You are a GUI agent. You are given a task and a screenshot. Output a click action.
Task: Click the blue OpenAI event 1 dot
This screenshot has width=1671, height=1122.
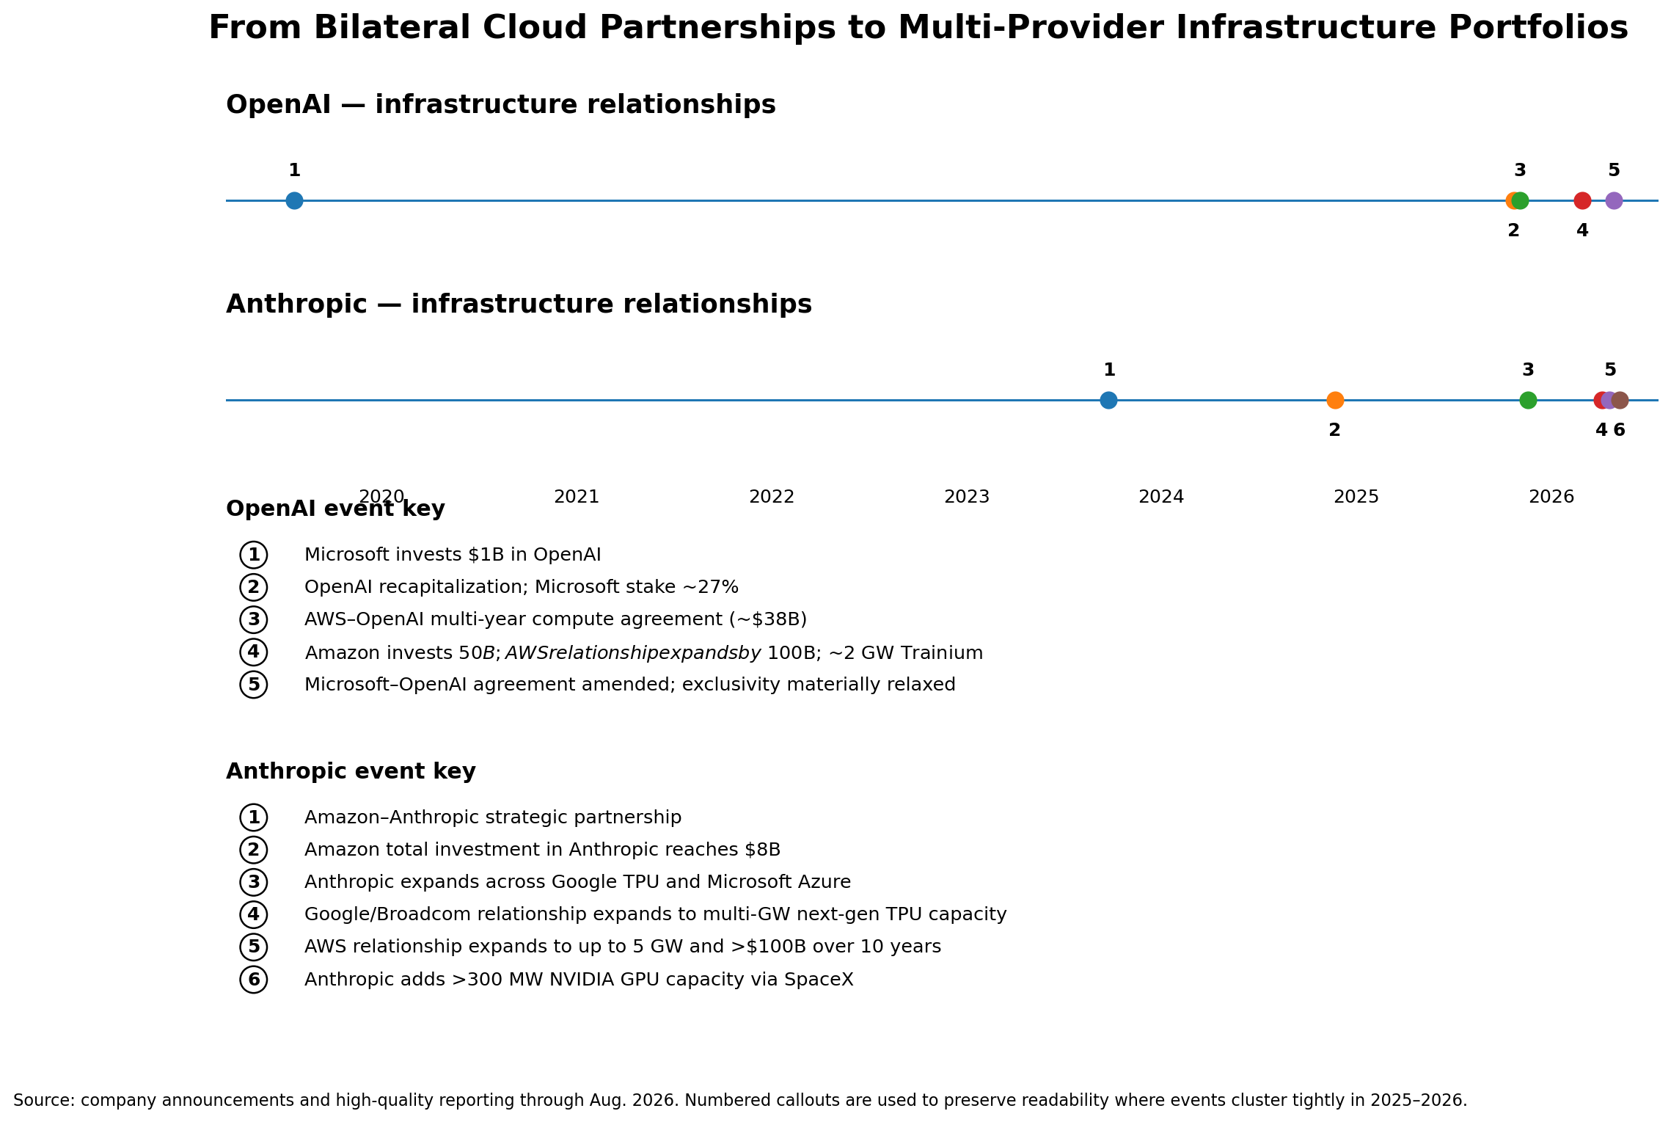[x=294, y=200]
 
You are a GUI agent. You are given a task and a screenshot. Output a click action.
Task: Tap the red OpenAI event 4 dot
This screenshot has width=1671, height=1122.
[x=1582, y=200]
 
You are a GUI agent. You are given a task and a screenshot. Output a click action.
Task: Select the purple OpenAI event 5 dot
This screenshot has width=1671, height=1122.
[x=1614, y=200]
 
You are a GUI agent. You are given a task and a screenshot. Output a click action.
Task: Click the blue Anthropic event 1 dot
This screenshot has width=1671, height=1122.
[x=1108, y=400]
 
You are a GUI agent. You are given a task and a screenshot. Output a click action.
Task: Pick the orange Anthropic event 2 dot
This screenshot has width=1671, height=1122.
[x=1335, y=400]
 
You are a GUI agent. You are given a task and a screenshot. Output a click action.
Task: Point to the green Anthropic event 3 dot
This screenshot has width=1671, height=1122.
[x=1528, y=400]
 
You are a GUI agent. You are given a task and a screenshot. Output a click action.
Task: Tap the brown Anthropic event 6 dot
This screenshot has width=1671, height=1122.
[x=1620, y=400]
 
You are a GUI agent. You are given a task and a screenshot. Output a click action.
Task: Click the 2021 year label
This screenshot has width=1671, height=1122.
[x=577, y=498]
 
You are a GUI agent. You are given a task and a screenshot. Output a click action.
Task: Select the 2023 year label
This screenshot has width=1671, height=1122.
[x=967, y=498]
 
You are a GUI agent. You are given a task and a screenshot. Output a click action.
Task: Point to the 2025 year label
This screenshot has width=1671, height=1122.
[x=1356, y=498]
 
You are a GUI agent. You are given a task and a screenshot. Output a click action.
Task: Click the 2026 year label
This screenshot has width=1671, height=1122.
[x=1551, y=498]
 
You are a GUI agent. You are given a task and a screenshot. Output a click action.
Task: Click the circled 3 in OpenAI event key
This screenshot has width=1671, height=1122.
[x=254, y=620]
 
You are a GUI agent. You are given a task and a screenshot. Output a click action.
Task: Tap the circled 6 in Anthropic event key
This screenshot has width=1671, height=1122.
[x=254, y=980]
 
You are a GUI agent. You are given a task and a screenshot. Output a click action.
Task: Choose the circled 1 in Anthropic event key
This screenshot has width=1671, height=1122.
[x=254, y=817]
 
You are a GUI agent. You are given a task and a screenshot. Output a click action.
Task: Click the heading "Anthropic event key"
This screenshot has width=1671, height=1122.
[x=351, y=772]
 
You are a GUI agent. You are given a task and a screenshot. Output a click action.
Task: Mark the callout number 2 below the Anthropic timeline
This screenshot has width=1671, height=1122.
[x=1334, y=431]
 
